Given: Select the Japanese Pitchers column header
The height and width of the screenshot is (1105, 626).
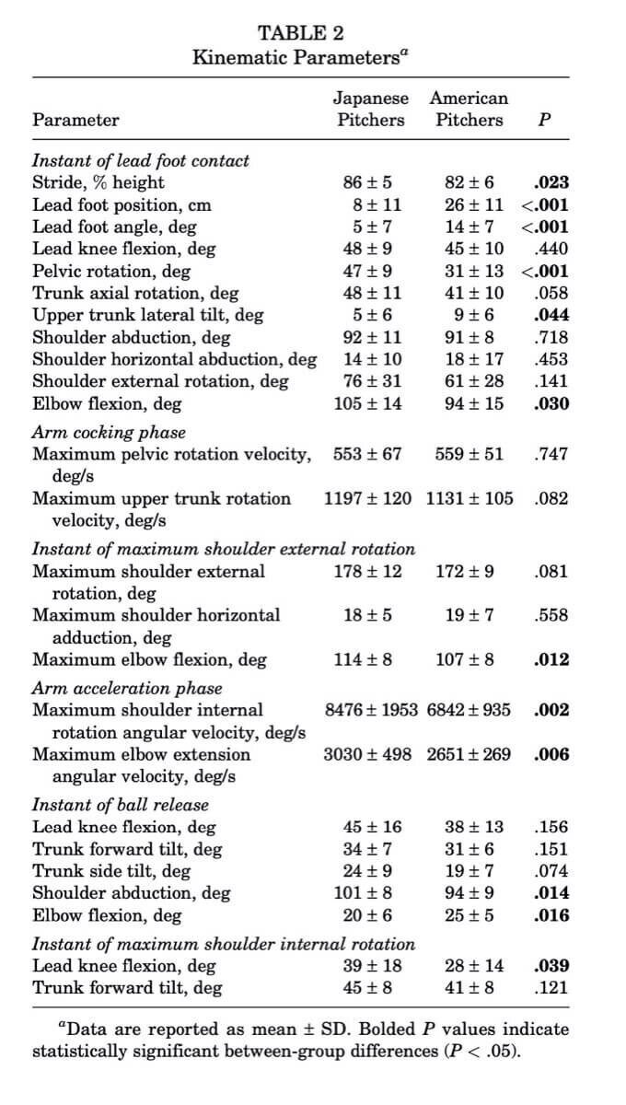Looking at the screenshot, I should coord(370,109).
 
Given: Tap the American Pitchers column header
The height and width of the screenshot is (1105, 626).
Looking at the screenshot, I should coord(469,109).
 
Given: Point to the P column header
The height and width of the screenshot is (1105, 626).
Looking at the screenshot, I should coord(544,121).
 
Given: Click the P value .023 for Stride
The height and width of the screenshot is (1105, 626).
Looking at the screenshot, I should coord(551,182).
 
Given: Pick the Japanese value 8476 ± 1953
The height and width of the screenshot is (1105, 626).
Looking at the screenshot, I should coord(371,710).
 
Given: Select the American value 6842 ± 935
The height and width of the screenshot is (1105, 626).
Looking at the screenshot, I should coord(469,710).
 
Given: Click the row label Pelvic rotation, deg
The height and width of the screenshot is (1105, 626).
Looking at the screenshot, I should coord(111,271).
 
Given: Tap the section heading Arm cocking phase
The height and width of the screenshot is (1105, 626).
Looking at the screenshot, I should coord(109,432).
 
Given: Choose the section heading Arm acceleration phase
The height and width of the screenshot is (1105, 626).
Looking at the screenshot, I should coord(127,688).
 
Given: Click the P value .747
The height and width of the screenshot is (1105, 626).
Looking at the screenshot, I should coord(551,454).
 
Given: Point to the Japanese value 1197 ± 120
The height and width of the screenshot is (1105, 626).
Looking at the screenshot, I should coord(368,499).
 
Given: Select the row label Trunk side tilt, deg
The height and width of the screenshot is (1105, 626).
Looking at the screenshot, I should coord(111,871).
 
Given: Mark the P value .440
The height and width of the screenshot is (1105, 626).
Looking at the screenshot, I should coord(551,249).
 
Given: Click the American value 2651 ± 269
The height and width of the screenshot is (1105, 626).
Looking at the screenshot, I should coord(469,755).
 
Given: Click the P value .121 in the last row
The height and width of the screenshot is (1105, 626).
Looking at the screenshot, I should coord(551,989).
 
